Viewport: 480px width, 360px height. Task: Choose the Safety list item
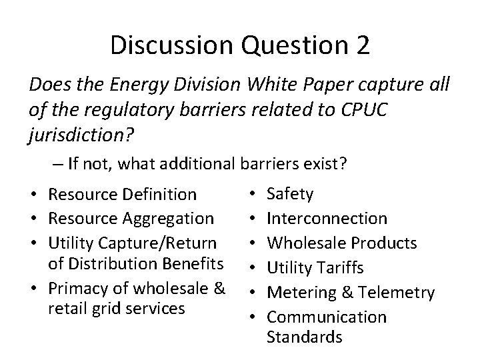pyautogui.click(x=290, y=194)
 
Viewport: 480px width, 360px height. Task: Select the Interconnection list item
pyautogui.click(x=327, y=218)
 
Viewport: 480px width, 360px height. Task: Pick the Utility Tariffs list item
pyautogui.click(x=315, y=267)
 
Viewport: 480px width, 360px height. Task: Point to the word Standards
pyautogui.click(x=304, y=337)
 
